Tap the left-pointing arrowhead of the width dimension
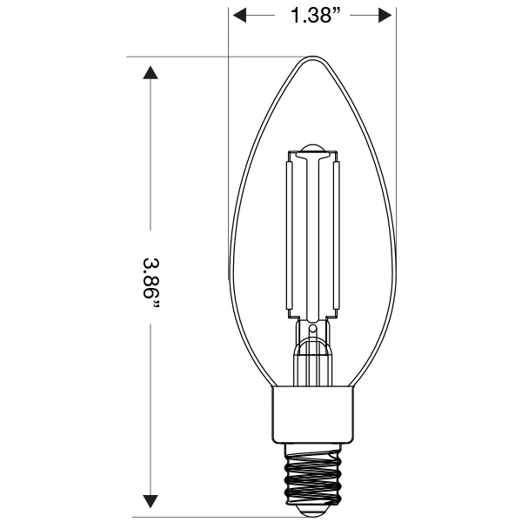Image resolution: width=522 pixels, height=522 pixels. (240, 16)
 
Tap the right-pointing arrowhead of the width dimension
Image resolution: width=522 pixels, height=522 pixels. (385, 16)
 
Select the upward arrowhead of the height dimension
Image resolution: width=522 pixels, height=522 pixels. (151, 72)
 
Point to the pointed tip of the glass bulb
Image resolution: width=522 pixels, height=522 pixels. (312, 57)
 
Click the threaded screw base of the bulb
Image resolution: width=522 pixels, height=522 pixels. (312, 473)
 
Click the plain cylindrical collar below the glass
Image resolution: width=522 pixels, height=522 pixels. (312, 415)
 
